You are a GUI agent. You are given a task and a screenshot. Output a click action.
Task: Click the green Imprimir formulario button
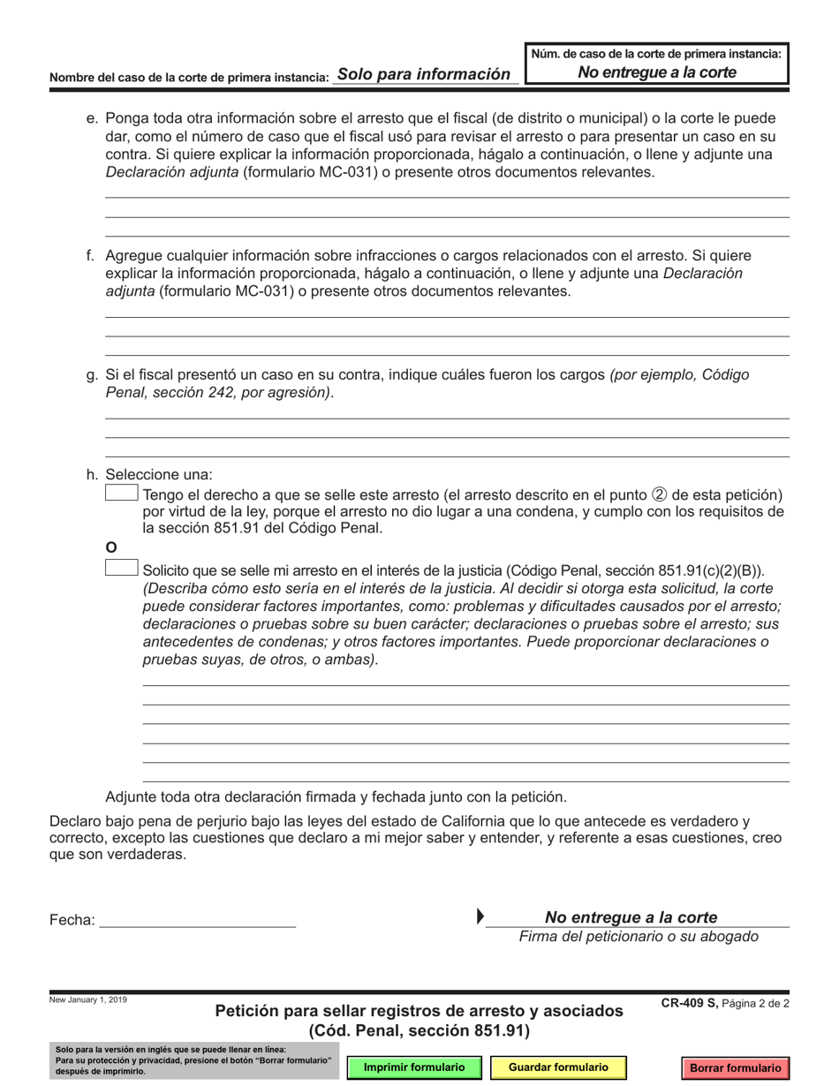point(416,1067)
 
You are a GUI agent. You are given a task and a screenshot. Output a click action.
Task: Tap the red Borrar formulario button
point(735,1067)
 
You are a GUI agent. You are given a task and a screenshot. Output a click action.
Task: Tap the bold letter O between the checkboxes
point(111,548)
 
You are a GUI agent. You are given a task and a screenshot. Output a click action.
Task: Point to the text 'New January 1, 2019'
point(88,999)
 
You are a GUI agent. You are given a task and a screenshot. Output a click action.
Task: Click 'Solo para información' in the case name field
point(423,74)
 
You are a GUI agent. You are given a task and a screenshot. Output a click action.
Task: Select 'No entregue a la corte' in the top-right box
point(656,72)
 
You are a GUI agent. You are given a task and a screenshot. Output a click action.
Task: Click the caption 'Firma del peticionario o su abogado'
point(639,936)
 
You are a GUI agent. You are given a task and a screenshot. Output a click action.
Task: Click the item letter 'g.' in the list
point(92,374)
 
